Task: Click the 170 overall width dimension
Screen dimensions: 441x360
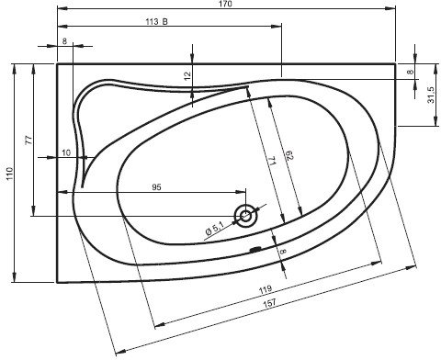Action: point(226,4)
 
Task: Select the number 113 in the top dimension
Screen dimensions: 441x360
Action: point(152,22)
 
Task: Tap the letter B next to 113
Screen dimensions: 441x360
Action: point(165,22)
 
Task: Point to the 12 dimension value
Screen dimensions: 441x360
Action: point(187,75)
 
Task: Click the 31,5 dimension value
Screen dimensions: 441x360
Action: point(431,96)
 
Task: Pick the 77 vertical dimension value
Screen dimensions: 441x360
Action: point(28,140)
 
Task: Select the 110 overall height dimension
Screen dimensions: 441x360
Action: point(9,174)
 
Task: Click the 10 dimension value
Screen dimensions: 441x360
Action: point(66,152)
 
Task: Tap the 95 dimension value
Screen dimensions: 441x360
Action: point(156,187)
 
